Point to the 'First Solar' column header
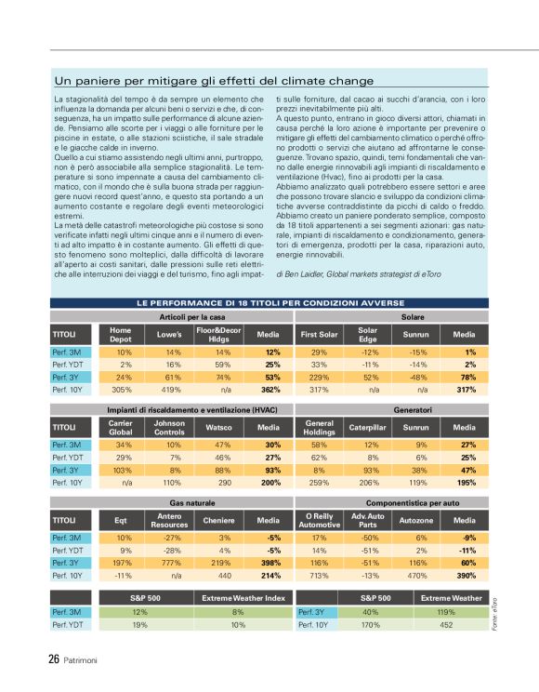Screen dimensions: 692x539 pyautogui.click(x=319, y=334)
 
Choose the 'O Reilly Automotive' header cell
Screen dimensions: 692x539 pyautogui.click(x=319, y=519)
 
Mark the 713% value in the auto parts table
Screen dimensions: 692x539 pyautogui.click(x=319, y=576)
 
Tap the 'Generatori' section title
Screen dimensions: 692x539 pyautogui.click(x=412, y=409)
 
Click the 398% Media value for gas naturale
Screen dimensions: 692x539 pyautogui.click(x=270, y=563)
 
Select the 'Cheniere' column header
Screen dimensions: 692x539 pyautogui.click(x=218, y=519)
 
